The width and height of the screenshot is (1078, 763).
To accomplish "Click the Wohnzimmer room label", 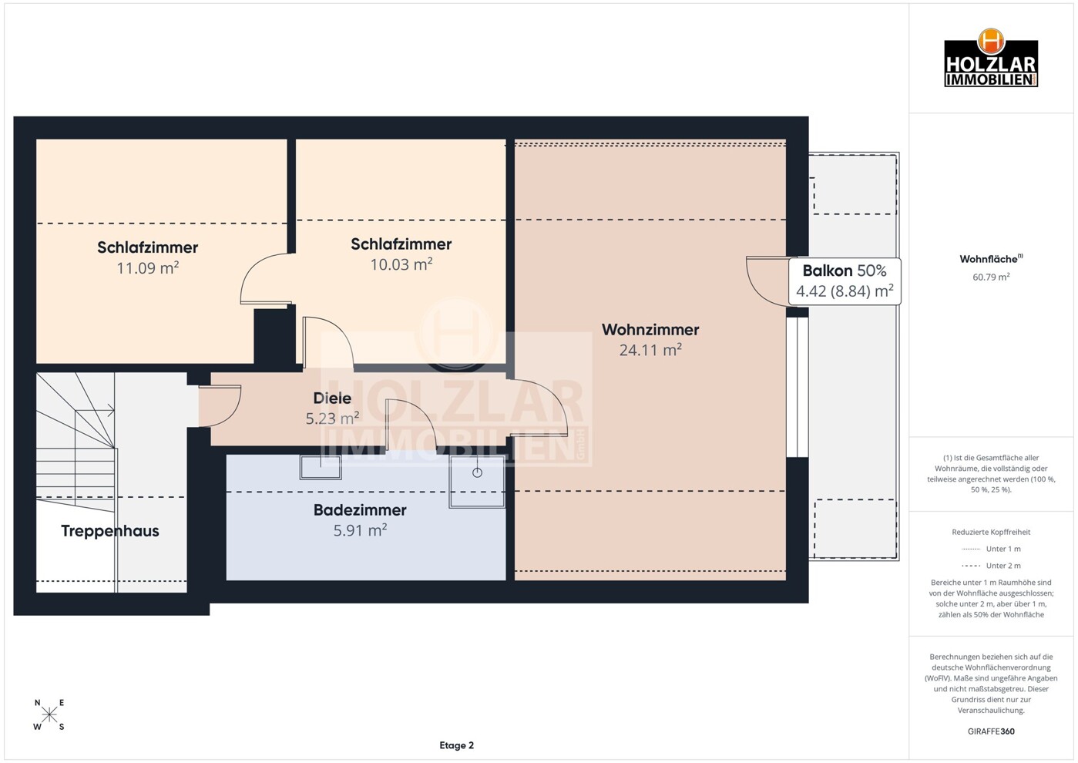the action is (650, 330).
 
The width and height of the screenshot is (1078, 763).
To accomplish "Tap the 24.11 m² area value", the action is (650, 350).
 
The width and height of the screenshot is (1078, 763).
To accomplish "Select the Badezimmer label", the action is (360, 509).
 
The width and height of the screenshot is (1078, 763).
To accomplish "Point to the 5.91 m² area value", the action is (360, 530).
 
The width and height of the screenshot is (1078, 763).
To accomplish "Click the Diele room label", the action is (332, 398).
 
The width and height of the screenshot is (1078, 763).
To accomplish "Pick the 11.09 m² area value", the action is (148, 267).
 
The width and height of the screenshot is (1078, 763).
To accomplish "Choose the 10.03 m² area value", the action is (401, 264).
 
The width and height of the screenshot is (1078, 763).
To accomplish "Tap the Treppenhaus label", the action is (109, 531).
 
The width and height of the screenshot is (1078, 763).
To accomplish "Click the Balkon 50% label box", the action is (845, 281).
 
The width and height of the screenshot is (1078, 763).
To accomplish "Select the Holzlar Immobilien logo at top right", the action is (991, 59).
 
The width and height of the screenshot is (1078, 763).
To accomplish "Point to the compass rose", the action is (49, 714).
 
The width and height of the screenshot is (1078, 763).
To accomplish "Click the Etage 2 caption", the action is (456, 745).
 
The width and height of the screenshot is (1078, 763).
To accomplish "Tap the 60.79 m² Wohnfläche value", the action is (991, 277).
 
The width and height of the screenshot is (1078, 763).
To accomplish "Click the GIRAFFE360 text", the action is (991, 731).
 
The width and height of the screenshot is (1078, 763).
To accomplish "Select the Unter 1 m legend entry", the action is (991, 549).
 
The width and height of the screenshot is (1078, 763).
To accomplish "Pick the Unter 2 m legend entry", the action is (991, 566).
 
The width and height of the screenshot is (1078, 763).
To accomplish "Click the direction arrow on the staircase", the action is (95, 411).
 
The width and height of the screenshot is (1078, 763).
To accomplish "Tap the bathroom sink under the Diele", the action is (321, 467).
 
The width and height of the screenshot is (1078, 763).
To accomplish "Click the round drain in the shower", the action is (477, 472).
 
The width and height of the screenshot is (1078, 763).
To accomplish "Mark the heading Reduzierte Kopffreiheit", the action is (991, 532).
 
